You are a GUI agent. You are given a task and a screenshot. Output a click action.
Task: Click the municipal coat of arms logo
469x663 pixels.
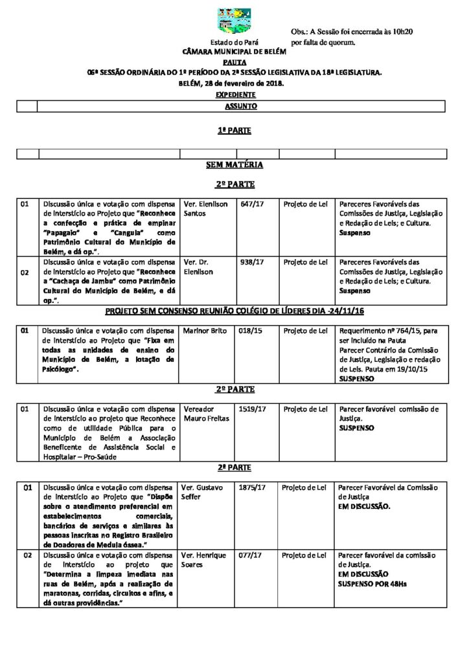coord(234,23)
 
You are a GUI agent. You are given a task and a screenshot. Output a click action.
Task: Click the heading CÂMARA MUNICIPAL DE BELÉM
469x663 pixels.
coord(234,51)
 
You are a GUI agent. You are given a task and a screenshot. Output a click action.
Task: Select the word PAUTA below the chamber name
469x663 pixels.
coord(234,62)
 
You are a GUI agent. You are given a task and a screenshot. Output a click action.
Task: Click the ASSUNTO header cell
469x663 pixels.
coord(240,106)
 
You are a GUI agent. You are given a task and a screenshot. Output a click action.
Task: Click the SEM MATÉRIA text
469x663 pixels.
coord(234,165)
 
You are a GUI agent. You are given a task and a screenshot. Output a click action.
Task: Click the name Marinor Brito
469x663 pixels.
coord(205,331)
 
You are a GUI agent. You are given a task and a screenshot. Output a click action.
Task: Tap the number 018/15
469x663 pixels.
coord(249,331)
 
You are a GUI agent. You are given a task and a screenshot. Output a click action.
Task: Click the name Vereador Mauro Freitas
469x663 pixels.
coord(203,414)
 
